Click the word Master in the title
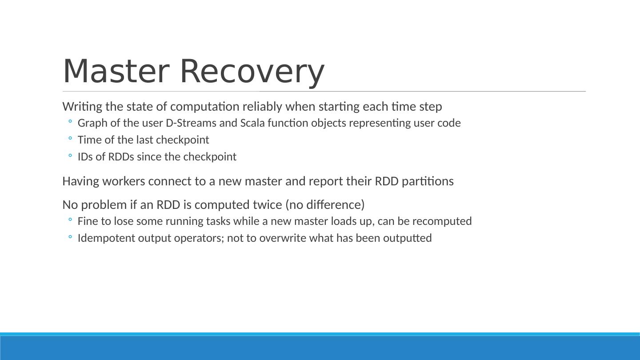pyautogui.click(x=116, y=72)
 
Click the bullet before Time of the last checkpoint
pyautogui.click(x=70, y=140)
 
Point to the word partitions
pyautogui.click(x=428, y=181)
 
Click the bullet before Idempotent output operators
pyautogui.click(x=70, y=238)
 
